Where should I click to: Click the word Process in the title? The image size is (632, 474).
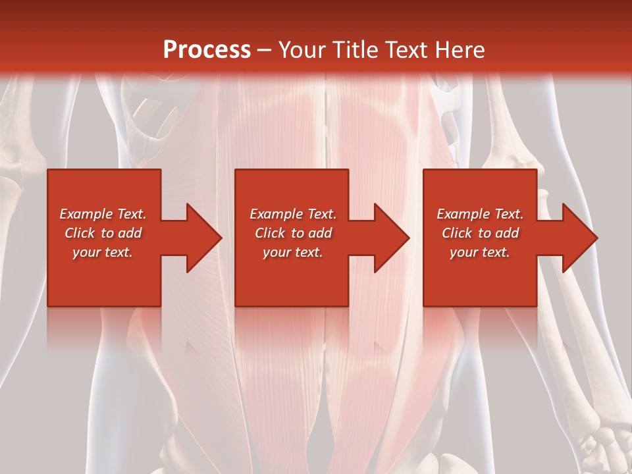[x=207, y=49]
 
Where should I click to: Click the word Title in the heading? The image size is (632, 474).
[x=354, y=49]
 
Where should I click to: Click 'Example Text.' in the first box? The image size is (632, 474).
[x=103, y=214]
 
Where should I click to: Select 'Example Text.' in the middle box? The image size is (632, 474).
[x=293, y=214]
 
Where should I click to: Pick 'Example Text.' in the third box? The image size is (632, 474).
[x=480, y=214]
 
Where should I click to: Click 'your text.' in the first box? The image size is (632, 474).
[x=103, y=252]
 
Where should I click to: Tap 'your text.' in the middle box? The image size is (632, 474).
[x=293, y=252]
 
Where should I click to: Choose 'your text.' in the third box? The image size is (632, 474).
[x=480, y=252]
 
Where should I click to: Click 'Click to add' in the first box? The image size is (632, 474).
[x=103, y=233]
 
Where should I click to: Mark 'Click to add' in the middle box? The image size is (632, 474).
[x=293, y=233]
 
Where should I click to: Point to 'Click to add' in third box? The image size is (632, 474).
[x=480, y=233]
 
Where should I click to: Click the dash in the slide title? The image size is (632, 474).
[x=264, y=50]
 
